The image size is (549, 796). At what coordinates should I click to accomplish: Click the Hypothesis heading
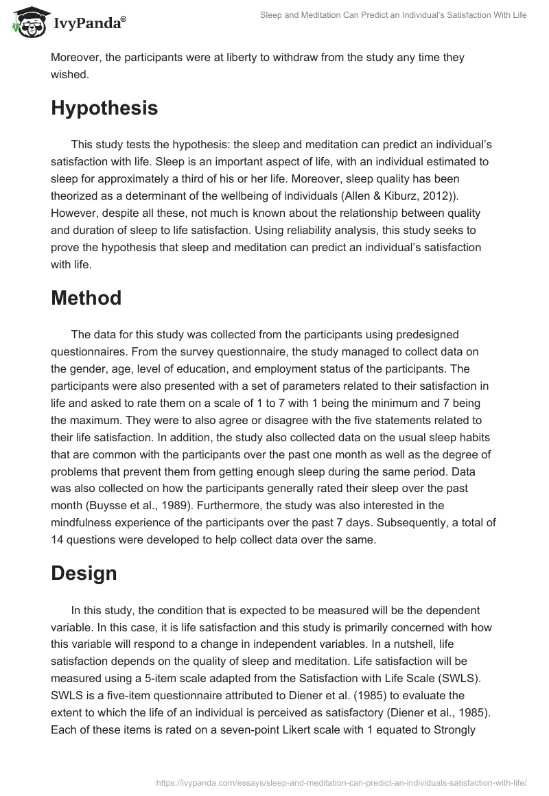pyautogui.click(x=104, y=108)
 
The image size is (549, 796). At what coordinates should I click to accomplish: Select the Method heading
pyautogui.click(x=86, y=298)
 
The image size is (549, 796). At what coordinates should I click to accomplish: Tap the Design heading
pyautogui.click(x=84, y=574)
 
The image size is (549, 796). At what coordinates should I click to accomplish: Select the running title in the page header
pyautogui.click(x=393, y=15)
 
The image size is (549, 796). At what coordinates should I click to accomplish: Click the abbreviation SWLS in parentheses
pyautogui.click(x=465, y=678)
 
